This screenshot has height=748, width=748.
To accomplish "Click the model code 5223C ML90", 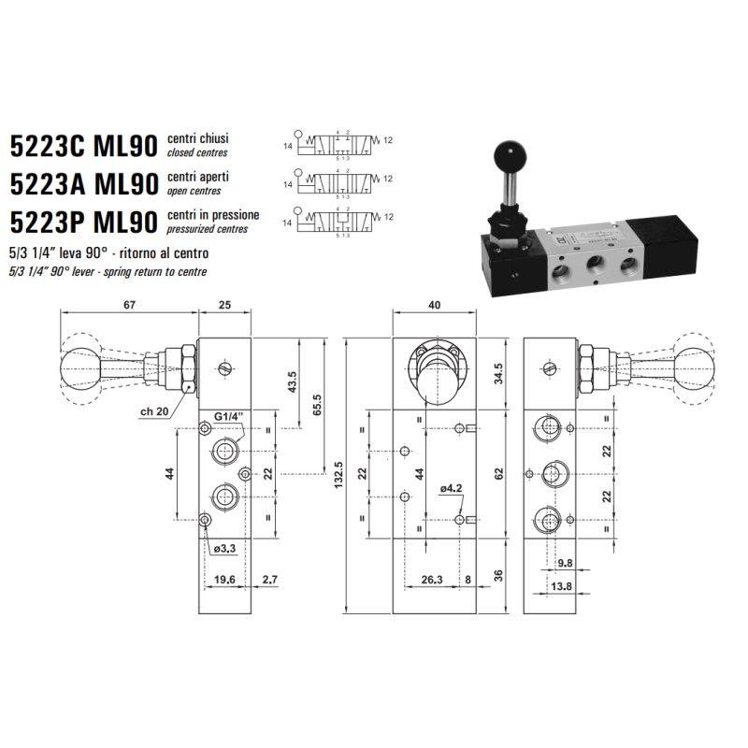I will coord(84,147).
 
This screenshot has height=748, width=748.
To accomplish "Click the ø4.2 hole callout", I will coord(451,487).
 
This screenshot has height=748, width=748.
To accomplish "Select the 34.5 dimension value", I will coord(498,373).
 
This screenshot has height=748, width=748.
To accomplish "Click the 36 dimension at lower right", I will coord(498,573).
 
